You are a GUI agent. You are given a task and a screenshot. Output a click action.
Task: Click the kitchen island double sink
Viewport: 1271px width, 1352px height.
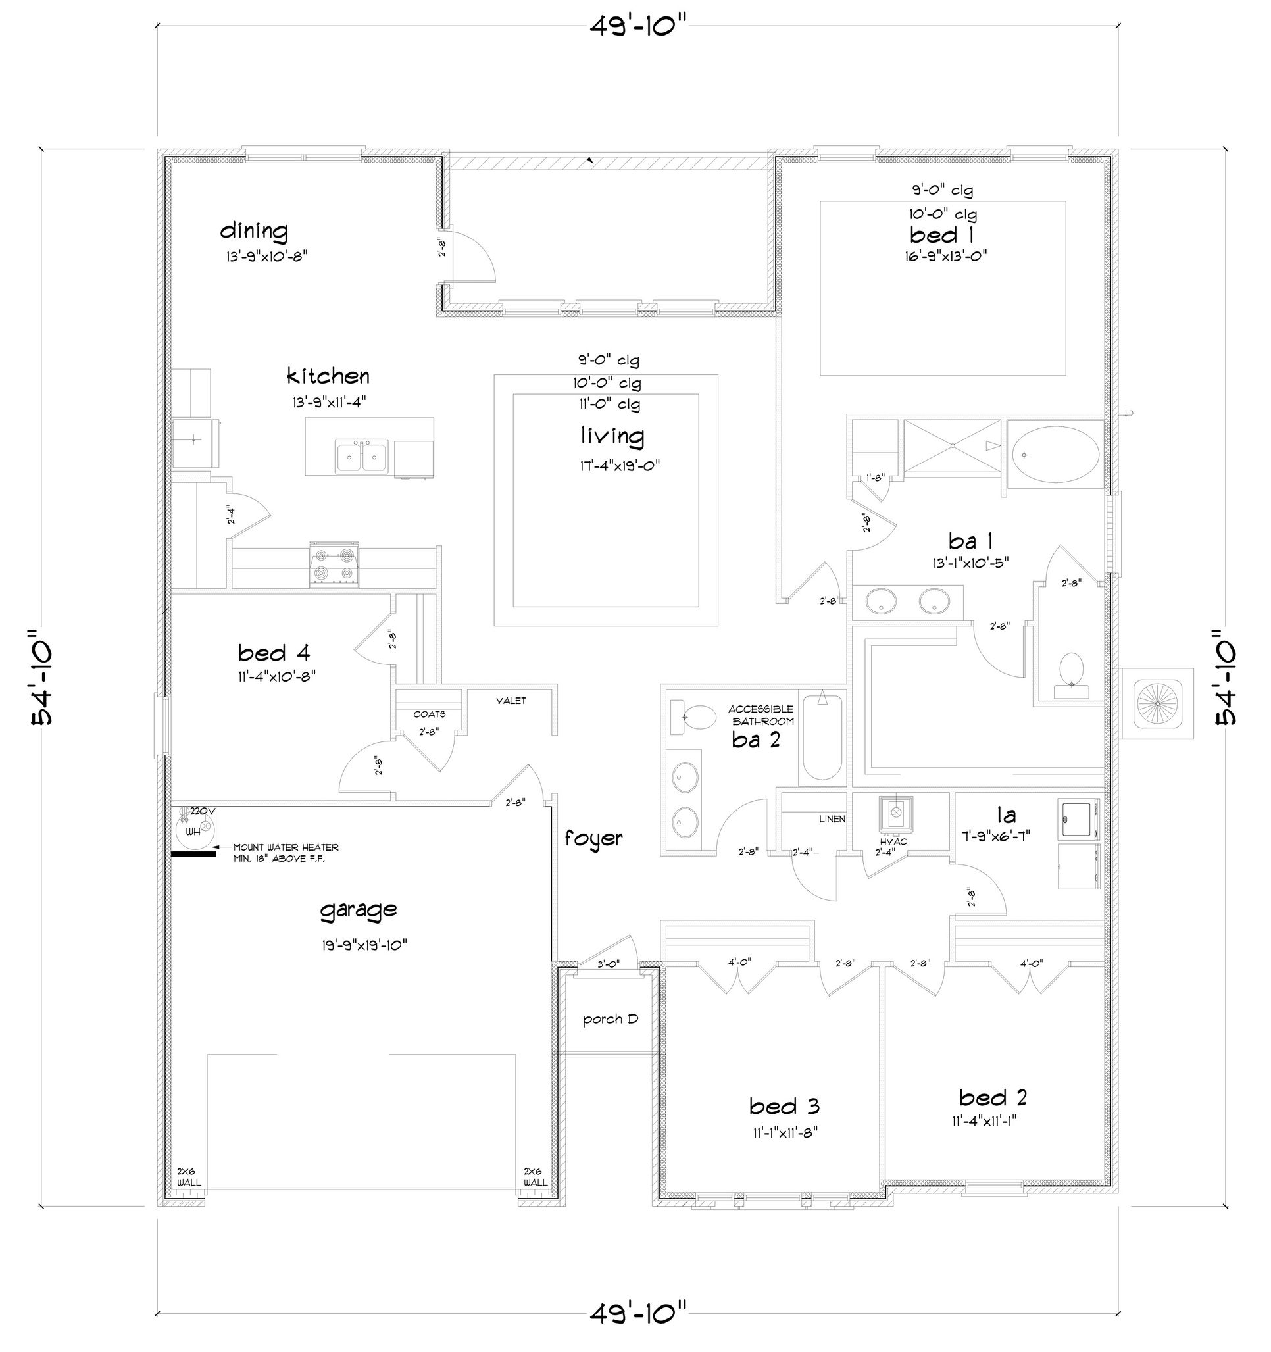point(361,455)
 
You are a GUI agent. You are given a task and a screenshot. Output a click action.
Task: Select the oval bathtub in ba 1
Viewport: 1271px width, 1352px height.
point(1055,453)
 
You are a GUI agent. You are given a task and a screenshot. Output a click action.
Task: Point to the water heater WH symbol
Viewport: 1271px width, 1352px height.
point(193,829)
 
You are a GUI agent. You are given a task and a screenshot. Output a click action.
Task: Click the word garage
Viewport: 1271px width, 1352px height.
point(359,910)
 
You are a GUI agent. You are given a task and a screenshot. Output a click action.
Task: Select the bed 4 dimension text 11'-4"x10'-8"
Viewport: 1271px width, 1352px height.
point(277,677)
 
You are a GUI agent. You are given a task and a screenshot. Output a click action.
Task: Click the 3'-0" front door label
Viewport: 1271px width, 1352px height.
point(608,963)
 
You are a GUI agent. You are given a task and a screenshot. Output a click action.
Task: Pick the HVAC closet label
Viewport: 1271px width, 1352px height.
point(893,841)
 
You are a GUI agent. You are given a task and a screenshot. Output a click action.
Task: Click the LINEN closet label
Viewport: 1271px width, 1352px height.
point(832,819)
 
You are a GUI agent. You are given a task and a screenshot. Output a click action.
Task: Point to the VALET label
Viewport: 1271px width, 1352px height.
point(511,701)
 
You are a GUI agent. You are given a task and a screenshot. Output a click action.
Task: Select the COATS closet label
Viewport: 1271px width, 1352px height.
point(429,714)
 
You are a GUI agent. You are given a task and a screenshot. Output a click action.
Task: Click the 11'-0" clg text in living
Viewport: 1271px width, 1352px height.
point(609,405)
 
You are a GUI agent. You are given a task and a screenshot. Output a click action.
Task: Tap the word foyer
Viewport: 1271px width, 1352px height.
point(593,839)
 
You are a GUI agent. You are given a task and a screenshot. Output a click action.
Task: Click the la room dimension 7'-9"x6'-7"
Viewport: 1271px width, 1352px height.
point(1007,836)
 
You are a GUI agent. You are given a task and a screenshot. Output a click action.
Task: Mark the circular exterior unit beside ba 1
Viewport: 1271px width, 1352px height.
point(1156,703)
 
